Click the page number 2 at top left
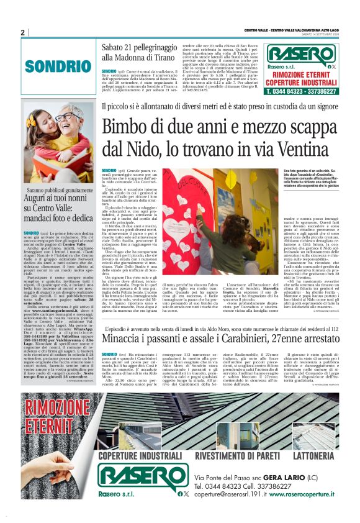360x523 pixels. pos(22,32)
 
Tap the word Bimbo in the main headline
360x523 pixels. pos(129,127)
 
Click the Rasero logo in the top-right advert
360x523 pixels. pos(301,53)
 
